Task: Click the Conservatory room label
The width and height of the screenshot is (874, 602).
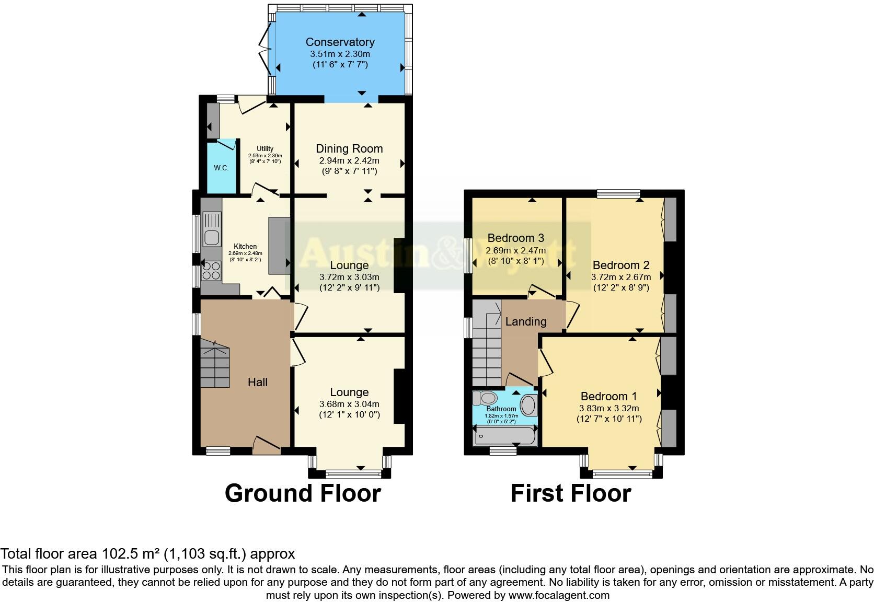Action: pos(340,42)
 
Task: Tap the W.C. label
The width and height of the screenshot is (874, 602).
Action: pos(221,168)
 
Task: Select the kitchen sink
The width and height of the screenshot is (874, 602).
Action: pos(212,230)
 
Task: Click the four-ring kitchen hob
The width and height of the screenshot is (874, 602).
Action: pos(211,271)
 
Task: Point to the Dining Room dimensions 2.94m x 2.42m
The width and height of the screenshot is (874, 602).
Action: pos(349,161)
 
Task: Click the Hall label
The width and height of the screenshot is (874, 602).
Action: pos(257,383)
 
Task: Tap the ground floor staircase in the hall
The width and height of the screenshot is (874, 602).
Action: pos(214,363)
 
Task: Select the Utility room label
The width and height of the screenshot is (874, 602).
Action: pos(264,149)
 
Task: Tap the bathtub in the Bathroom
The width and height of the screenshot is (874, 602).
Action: pos(504,436)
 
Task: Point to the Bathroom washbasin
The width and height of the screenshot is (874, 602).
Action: pos(529,406)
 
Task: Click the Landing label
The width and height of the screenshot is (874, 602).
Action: pos(525,322)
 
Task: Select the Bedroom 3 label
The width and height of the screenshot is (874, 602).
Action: pos(515,238)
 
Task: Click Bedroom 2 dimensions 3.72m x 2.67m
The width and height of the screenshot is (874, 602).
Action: pos(621,277)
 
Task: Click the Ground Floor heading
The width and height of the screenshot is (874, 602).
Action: pos(303,493)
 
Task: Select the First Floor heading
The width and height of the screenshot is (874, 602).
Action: pos(570,493)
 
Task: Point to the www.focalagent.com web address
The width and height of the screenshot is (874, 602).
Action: pos(558,595)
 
